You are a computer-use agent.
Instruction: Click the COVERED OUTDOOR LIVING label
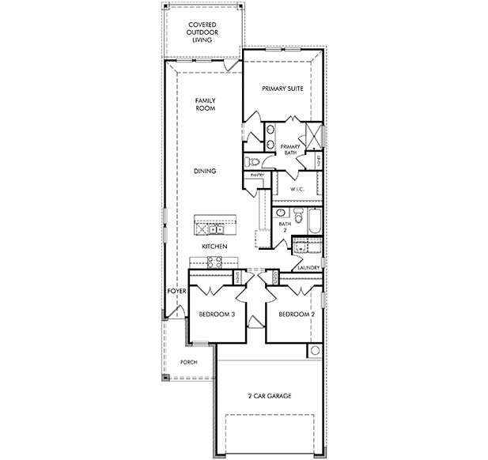pyautogui.click(x=202, y=32)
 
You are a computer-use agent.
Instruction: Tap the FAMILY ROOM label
pyautogui.click(x=206, y=105)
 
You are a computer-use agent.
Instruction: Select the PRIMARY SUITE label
pyautogui.click(x=283, y=89)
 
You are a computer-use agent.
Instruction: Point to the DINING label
pyautogui.click(x=206, y=171)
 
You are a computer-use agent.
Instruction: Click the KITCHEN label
pyautogui.click(x=214, y=247)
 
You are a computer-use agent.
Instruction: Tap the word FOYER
pyautogui.click(x=176, y=292)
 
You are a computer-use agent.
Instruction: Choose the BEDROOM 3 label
pyautogui.click(x=216, y=314)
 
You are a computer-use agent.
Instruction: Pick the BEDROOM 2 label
pyautogui.click(x=297, y=314)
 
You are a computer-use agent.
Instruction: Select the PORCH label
pyautogui.click(x=188, y=362)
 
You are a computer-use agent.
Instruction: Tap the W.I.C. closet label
pyautogui.click(x=297, y=189)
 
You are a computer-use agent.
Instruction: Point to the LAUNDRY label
pyautogui.click(x=308, y=267)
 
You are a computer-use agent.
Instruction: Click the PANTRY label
pyautogui.click(x=256, y=175)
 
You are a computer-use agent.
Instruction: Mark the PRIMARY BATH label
pyautogui.click(x=291, y=149)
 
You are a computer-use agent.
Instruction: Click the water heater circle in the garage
pyautogui.click(x=314, y=350)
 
